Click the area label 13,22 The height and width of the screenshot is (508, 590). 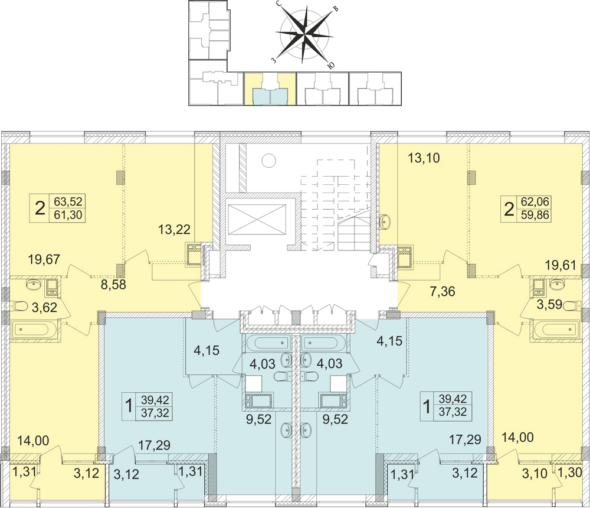tap(174, 229)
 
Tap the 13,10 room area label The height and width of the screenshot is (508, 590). tap(424, 158)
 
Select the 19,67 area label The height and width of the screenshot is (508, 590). tap(44, 259)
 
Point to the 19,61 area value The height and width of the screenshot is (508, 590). tap(560, 265)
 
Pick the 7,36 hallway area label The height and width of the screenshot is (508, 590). tap(442, 291)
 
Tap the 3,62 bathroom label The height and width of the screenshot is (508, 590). tap(44, 308)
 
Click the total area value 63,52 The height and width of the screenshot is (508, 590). tap(68, 201)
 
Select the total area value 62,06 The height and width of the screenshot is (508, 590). tap(535, 203)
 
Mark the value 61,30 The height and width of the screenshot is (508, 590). tap(68, 215)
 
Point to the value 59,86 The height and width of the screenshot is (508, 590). tap(535, 216)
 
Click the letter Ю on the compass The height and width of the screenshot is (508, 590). tap(330, 66)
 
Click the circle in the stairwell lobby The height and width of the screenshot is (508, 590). tap(269, 160)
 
